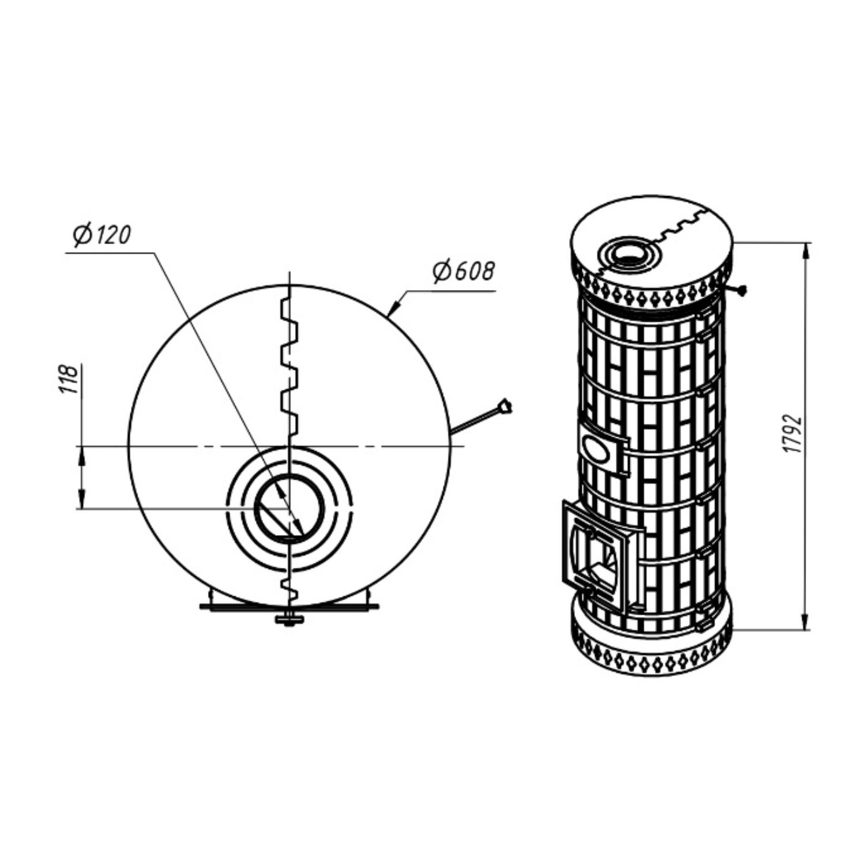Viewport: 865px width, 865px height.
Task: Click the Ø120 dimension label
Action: coord(103,235)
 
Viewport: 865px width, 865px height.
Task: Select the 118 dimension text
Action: coord(69,379)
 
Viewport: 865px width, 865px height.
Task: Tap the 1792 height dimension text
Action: coord(796,432)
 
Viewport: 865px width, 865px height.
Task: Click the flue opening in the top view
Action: coord(289,507)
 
